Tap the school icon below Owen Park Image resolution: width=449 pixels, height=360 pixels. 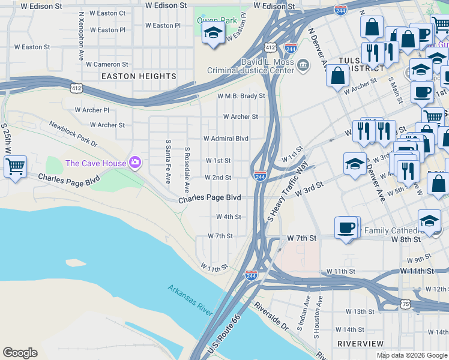[x=212, y=34]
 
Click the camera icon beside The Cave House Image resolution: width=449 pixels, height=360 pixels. [x=135, y=162]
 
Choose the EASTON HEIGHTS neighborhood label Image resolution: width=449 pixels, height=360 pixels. [x=139, y=76]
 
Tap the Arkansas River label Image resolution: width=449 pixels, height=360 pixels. [x=190, y=299]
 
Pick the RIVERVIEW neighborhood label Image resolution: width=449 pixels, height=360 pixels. [x=360, y=343]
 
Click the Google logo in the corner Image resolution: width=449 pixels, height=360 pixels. [x=20, y=353]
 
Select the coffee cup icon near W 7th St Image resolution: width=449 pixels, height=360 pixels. [x=346, y=227]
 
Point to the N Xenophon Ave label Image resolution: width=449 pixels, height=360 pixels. [x=81, y=36]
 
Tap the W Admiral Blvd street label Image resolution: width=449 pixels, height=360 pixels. [x=226, y=138]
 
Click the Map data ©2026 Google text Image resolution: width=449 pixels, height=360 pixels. [x=412, y=355]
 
